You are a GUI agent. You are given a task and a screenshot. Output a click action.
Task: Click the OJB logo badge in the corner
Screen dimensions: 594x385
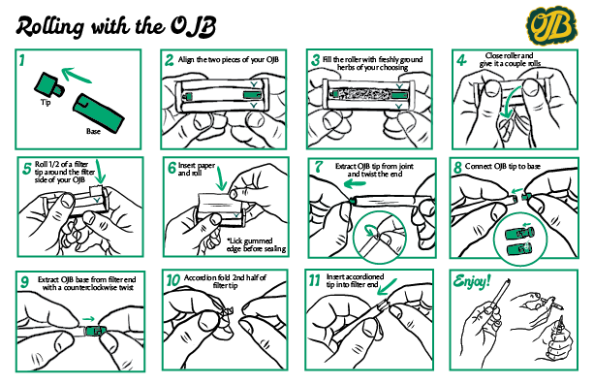(551, 25)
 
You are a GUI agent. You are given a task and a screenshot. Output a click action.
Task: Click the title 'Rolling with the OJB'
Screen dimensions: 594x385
(116, 26)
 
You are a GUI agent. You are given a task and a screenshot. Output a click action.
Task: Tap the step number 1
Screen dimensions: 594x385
(22, 60)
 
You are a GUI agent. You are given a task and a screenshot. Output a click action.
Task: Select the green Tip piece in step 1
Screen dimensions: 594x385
(48, 85)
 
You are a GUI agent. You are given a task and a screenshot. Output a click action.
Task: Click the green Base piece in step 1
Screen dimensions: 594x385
(99, 113)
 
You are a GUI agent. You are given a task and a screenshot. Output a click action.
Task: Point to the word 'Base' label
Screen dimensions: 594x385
(93, 131)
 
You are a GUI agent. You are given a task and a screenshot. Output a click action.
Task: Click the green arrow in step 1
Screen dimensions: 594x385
(76, 75)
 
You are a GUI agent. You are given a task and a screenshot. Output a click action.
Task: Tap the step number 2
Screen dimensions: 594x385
(169, 60)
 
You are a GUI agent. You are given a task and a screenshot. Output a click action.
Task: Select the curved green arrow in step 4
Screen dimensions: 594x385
(510, 103)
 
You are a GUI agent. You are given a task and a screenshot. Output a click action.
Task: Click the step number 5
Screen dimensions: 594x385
(26, 169)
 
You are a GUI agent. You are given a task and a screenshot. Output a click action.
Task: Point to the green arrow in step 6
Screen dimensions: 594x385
(221, 177)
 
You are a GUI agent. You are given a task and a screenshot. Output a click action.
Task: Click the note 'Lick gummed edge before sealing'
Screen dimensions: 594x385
(256, 245)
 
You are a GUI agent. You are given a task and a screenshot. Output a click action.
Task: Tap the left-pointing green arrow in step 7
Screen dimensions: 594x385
(355, 184)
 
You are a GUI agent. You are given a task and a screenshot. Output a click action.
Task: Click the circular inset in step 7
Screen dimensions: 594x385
(379, 237)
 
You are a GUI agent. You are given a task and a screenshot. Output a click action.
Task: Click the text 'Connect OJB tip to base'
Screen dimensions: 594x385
(503, 166)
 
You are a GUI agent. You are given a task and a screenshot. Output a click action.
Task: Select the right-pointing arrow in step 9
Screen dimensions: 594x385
(88, 319)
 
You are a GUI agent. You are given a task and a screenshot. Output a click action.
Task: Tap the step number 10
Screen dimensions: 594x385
(172, 280)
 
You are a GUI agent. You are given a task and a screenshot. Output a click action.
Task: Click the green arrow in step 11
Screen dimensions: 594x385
(387, 287)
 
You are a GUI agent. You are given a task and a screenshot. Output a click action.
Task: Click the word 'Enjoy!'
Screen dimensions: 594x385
(472, 281)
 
